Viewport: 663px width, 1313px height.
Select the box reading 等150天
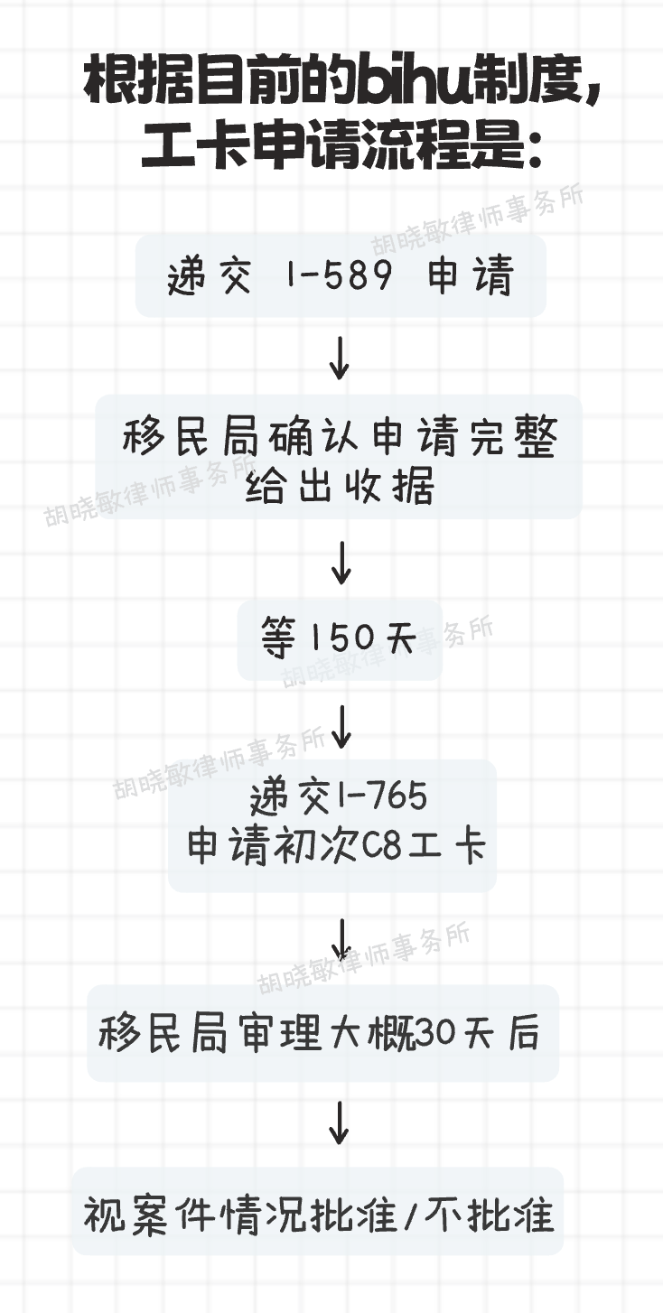click(x=340, y=640)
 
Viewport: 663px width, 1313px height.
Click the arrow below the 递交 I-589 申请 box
click(x=339, y=359)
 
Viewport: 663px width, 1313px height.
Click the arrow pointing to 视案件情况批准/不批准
click(x=339, y=1122)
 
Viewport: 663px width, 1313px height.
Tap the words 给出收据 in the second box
click(x=340, y=487)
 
